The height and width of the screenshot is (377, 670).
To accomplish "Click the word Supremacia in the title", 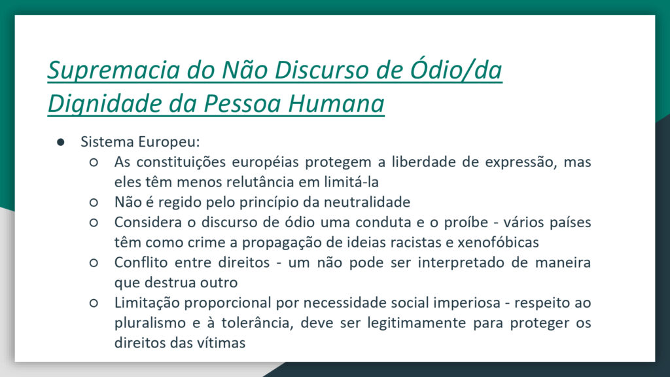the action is tap(114, 70).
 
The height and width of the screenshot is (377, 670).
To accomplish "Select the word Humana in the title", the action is tap(336, 103).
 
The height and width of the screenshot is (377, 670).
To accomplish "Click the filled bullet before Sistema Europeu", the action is tap(61, 142).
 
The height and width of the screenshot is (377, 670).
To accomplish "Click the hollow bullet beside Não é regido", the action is tap(94, 202).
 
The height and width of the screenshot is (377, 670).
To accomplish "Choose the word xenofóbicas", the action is tap(498, 242).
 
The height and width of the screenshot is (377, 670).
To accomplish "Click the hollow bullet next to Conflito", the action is tap(94, 262).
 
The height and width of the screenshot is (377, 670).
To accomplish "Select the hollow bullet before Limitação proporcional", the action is tap(94, 302).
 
